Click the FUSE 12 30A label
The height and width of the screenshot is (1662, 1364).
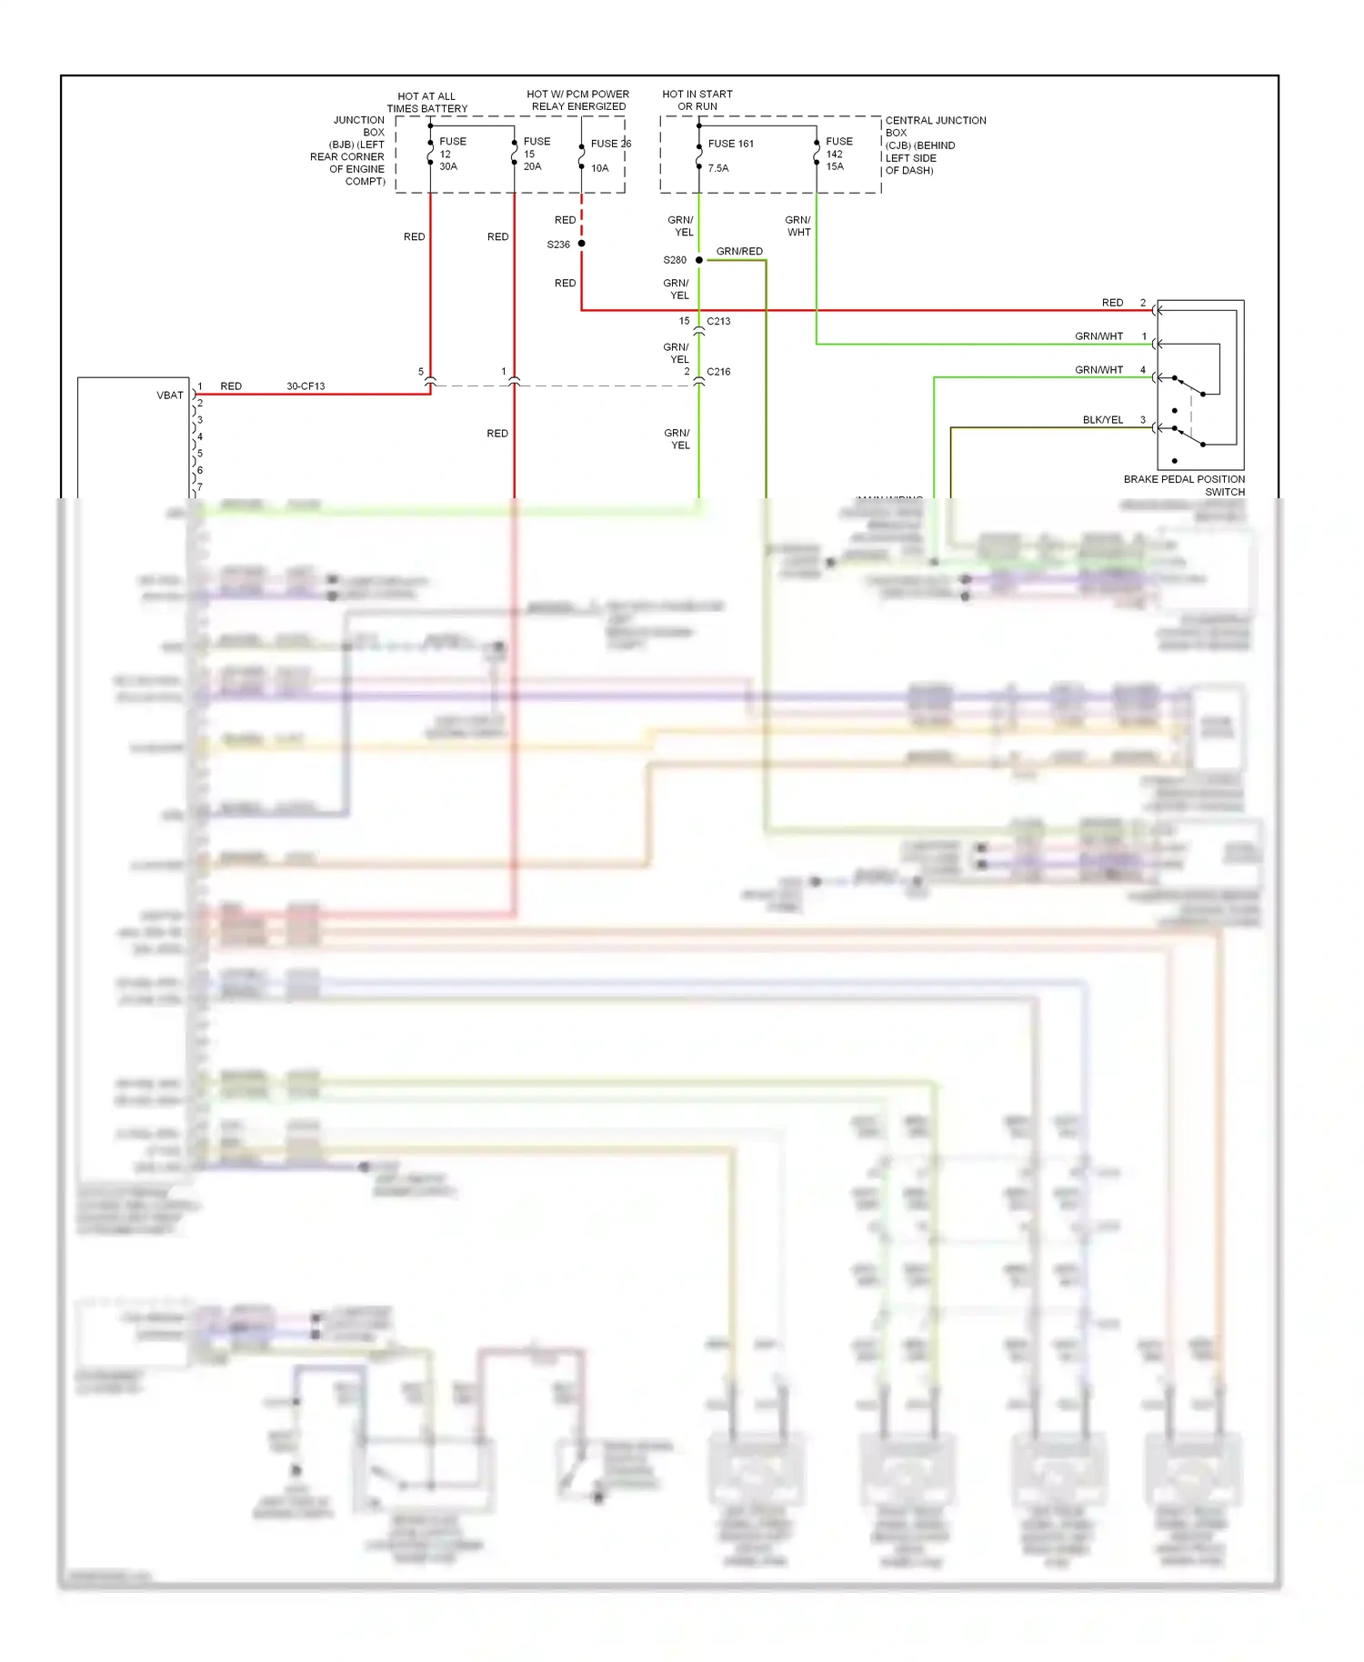click(x=452, y=154)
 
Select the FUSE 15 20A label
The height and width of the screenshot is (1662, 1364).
click(x=536, y=154)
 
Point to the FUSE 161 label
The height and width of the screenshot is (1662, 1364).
click(x=730, y=144)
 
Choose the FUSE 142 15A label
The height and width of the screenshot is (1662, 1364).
click(x=838, y=154)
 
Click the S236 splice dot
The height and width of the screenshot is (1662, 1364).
click(x=582, y=244)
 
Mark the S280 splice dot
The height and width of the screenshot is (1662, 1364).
click(x=699, y=260)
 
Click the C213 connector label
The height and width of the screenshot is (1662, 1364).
click(x=718, y=321)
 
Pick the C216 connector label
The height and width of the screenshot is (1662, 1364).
click(x=718, y=372)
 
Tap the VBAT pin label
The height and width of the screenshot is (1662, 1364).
click(x=170, y=395)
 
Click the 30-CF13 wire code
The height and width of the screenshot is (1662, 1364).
click(x=306, y=386)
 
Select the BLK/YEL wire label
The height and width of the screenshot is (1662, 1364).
click(x=1102, y=420)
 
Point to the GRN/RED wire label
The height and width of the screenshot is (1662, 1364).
click(x=739, y=252)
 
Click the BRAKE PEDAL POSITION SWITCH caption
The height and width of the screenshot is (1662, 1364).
click(x=1184, y=486)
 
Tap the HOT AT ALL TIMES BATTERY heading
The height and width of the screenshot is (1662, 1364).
click(x=426, y=103)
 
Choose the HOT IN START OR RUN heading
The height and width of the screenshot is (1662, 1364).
click(x=697, y=100)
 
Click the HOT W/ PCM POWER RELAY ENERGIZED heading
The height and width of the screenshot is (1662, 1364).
click(x=578, y=100)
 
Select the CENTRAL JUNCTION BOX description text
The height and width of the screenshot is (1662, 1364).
click(x=935, y=145)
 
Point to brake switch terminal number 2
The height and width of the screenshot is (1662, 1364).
click(x=1143, y=303)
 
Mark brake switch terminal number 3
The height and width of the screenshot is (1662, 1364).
click(x=1143, y=420)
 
